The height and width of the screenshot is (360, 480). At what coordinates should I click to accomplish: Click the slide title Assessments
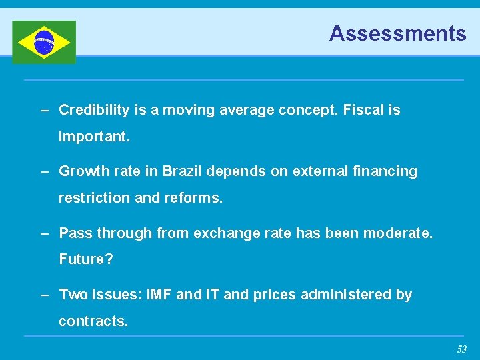397,33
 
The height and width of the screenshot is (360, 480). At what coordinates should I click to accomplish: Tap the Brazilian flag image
44,42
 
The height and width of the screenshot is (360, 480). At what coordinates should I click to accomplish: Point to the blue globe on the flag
44,42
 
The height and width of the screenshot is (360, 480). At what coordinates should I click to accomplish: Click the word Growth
82,171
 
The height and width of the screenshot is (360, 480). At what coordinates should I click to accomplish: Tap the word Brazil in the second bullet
182,171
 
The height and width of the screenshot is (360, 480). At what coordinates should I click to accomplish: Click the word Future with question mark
86,259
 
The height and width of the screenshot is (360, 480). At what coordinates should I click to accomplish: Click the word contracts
93,321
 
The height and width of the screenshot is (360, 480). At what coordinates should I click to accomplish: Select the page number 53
461,349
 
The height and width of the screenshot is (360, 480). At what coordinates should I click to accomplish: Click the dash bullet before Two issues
45,295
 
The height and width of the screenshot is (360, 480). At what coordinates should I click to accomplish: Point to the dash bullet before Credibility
45,110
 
